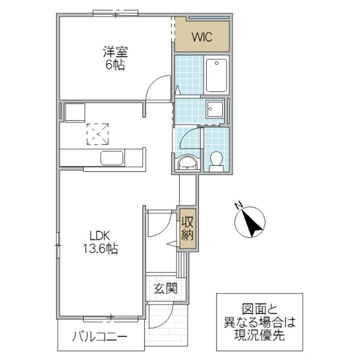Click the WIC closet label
pos(202,37)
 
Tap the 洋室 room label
pos(115,52)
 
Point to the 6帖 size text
pos(115,64)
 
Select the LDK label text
pos(100,235)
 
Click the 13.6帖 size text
pos(100,248)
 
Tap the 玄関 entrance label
pos(165,288)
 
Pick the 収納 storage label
pos(187,228)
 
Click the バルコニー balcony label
pos(99,337)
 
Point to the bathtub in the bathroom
pos(216,75)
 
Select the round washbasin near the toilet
pos(187,162)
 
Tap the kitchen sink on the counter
pos(112,158)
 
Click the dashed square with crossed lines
pos(97,134)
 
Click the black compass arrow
pos(251,222)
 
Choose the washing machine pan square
pos(215,109)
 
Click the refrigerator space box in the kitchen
pos(75,112)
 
